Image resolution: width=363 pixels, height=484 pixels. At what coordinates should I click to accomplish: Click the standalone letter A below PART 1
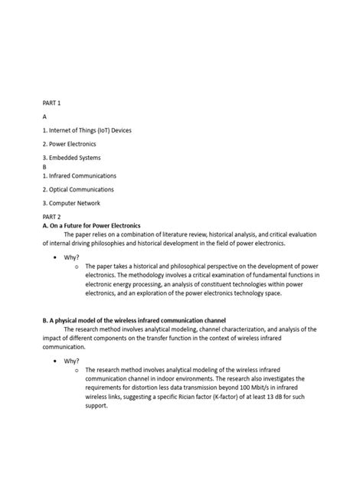tap(45, 116)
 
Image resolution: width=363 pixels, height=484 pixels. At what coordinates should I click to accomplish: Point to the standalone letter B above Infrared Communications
tap(45, 166)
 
